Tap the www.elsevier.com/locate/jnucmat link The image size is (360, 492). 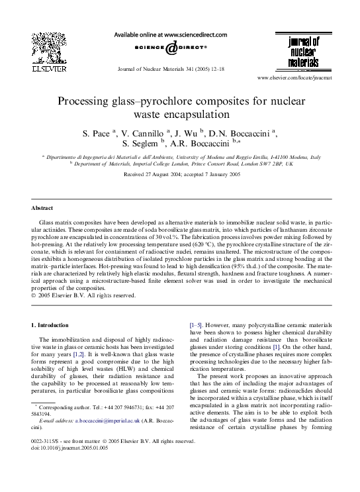[307, 78]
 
